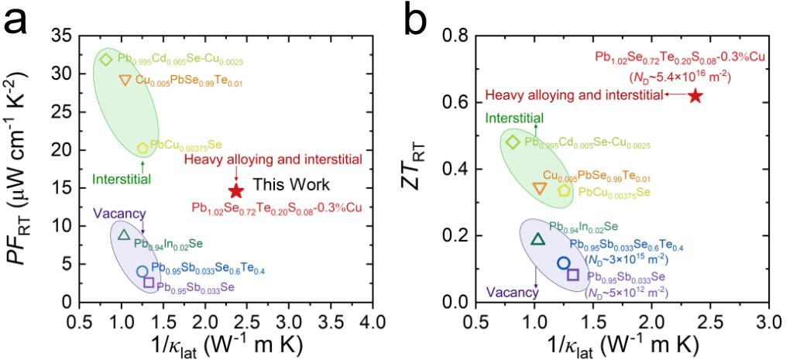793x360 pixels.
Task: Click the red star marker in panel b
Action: tap(695, 95)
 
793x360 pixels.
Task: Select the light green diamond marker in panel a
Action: tap(107, 60)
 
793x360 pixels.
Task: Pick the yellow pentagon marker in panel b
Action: tap(565, 190)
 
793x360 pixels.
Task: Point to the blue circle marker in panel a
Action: tap(142, 272)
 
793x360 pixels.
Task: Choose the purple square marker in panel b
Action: tap(573, 275)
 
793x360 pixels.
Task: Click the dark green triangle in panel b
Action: tap(538, 239)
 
